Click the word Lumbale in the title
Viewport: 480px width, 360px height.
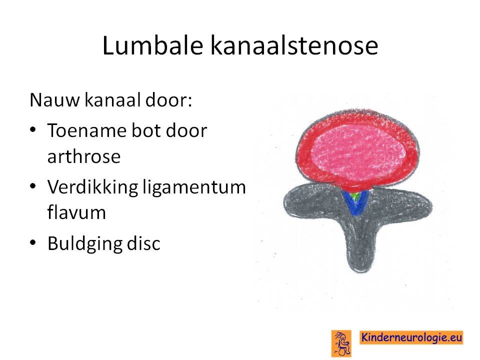click(153, 45)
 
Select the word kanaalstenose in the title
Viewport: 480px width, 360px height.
click(294, 45)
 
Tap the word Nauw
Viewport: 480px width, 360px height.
click(54, 100)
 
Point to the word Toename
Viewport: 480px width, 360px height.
click(86, 130)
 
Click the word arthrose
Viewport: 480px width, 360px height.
click(84, 156)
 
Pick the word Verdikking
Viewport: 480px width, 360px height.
click(92, 186)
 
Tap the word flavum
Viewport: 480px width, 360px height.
click(76, 212)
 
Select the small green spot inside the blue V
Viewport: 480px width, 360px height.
click(355, 195)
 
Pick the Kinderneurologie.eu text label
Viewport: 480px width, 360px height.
click(411, 337)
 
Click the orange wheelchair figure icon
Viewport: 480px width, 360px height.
click(341, 343)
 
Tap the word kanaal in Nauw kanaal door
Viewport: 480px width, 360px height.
click(112, 100)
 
